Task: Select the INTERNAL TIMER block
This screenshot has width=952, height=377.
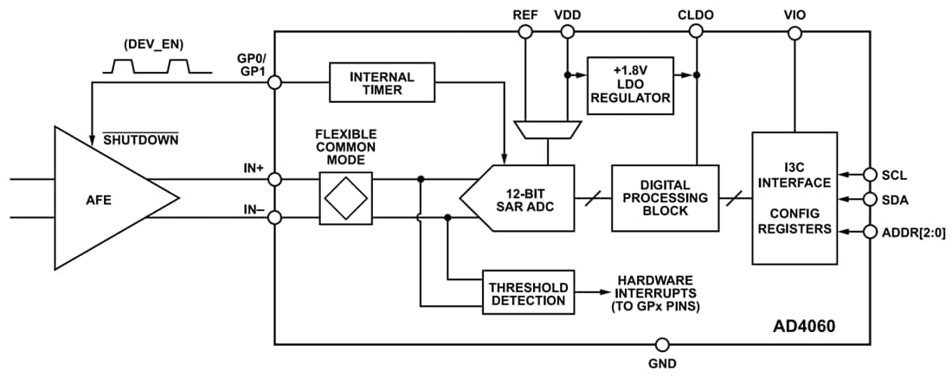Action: (382, 83)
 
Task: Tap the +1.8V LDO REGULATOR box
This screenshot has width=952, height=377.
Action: (630, 84)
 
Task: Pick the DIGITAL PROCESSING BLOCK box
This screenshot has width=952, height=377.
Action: (665, 198)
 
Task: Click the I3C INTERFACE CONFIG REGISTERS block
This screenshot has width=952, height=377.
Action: (794, 198)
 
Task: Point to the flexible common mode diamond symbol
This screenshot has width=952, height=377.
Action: (345, 198)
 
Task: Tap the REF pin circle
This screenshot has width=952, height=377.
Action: (524, 32)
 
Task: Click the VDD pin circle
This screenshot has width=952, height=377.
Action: (568, 32)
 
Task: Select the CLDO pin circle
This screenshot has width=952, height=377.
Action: (696, 32)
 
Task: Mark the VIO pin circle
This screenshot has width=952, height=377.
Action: (793, 32)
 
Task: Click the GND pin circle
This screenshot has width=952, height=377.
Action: (662, 343)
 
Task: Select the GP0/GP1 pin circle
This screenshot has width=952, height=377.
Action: (274, 83)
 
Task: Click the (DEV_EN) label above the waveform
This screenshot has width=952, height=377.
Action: (153, 43)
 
